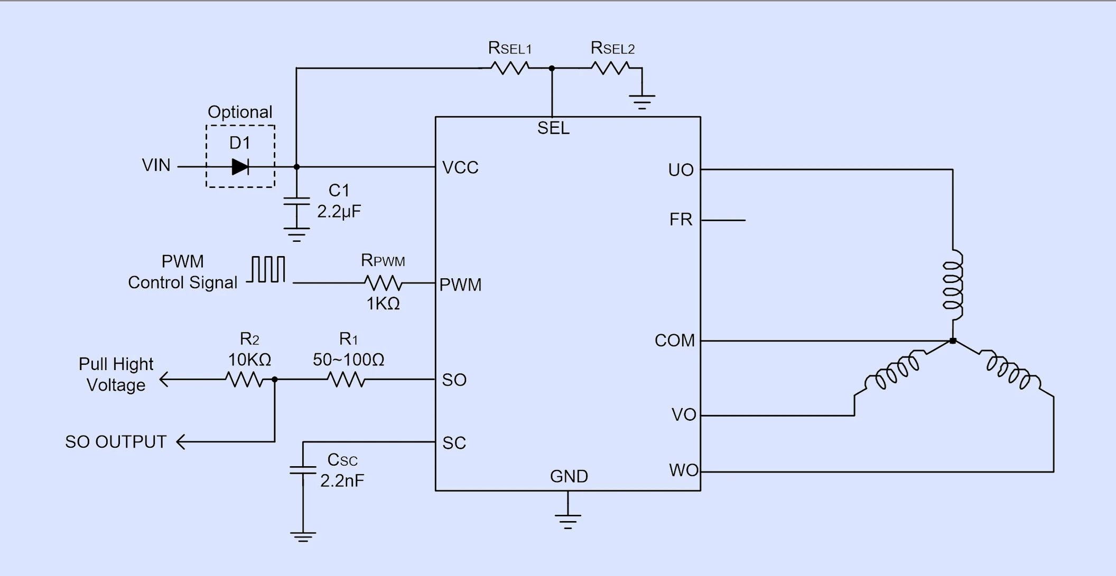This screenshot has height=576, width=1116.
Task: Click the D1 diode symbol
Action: coord(240,167)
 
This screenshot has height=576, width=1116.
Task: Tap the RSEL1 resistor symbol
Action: coord(509,68)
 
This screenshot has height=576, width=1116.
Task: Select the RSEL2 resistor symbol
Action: coord(610,68)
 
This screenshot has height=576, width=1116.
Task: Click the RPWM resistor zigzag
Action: coord(383,284)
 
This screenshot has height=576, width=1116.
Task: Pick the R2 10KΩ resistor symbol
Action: coord(244,379)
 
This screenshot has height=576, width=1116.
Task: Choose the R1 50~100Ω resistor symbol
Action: coord(346,379)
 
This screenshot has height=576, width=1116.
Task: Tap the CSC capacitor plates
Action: coord(303,470)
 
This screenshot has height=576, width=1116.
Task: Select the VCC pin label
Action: coord(460,168)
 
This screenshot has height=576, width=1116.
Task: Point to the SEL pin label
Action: coord(553,128)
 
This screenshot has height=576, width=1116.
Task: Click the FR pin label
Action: coord(681,220)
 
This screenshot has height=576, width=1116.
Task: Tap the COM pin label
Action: coord(675,341)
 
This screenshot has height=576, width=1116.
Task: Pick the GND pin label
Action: coord(569,476)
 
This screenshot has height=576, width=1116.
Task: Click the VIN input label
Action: coord(156,165)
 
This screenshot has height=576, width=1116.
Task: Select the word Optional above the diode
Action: coord(240,112)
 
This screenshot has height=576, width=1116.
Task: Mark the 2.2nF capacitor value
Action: coord(342,480)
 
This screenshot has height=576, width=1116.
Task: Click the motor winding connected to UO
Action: coord(953,285)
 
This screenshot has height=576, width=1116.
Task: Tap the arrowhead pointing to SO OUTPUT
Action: coord(180,442)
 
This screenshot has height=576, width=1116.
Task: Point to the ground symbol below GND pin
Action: coord(568,520)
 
